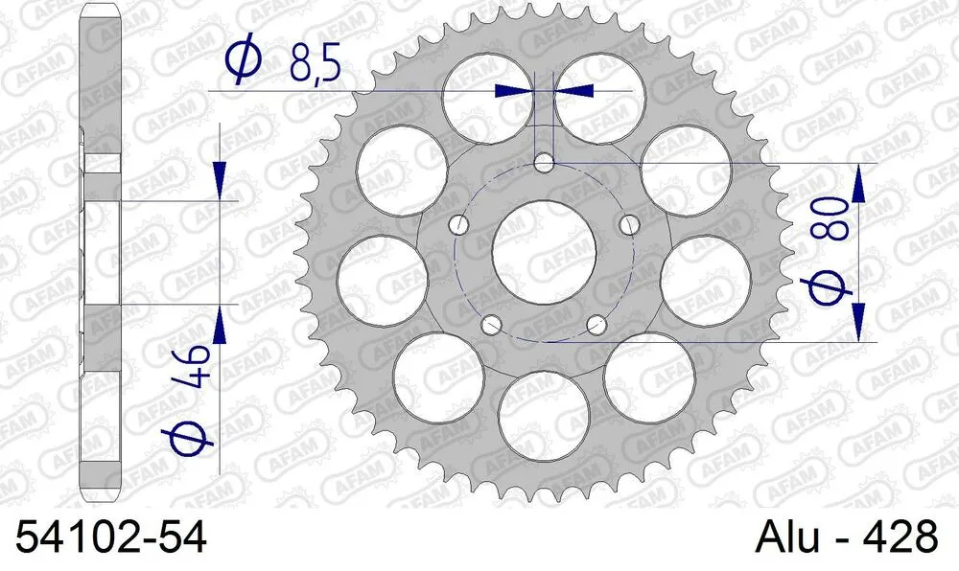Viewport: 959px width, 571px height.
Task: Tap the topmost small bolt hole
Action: pyautogui.click(x=545, y=162)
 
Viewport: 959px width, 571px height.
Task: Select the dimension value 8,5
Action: pyautogui.click(x=315, y=66)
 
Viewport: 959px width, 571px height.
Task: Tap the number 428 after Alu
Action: pyautogui.click(x=897, y=537)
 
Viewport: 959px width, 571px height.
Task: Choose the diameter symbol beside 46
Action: pyautogui.click(x=192, y=438)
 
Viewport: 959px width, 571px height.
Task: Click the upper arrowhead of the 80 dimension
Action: pyautogui.click(x=858, y=182)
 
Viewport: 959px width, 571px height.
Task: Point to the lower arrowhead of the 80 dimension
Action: pyautogui.click(x=858, y=318)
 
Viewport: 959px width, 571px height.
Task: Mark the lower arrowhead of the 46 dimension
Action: pyautogui.click(x=221, y=326)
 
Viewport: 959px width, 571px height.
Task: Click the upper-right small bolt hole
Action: pyautogui.click(x=629, y=224)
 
